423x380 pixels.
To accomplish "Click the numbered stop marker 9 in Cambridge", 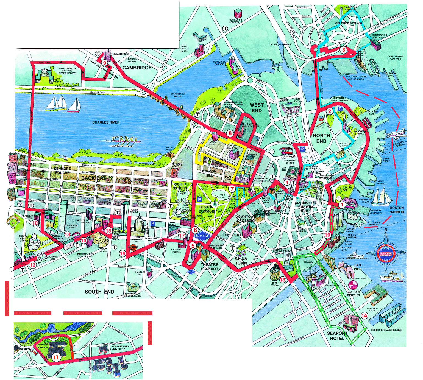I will tap(104, 63).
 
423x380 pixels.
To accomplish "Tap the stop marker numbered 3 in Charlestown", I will tap(343, 50).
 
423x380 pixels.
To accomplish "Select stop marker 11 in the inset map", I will tap(56, 357).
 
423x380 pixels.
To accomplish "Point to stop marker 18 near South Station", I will tap(282, 280).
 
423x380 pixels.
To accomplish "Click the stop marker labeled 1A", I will tap(364, 315).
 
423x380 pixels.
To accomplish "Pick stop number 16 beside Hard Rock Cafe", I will tap(123, 253).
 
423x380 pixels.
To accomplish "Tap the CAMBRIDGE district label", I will tap(137, 68).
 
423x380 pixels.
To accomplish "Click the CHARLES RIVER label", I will tap(106, 122).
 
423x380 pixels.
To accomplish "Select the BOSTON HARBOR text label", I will tap(397, 210).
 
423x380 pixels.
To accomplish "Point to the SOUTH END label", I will tap(99, 292).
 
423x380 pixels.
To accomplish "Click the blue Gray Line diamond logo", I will tap(202, 236).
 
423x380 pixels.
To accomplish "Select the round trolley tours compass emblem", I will tap(386, 253).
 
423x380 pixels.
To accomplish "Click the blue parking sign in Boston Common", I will tap(199, 200).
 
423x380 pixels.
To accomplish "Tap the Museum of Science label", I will tap(219, 63).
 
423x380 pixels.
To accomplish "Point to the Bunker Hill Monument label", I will tap(350, 8).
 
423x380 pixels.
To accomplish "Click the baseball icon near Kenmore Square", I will tap(20, 204).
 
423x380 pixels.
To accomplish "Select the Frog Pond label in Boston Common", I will tap(222, 196).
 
